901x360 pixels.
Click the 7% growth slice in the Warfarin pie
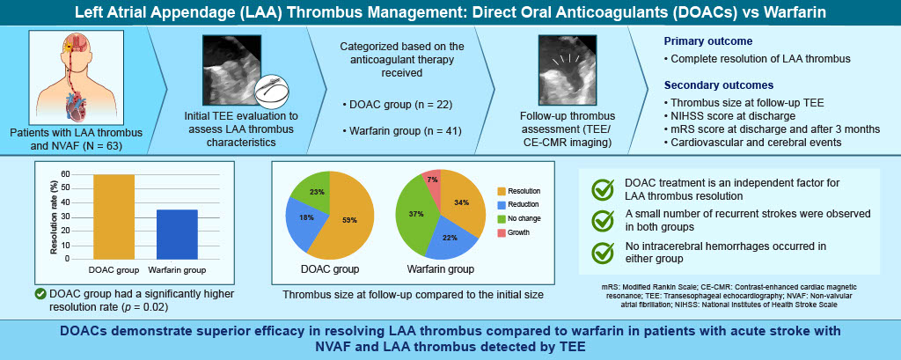coord(432,180)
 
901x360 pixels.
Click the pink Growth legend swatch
coord(501,233)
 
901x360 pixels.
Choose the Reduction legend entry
coord(517,204)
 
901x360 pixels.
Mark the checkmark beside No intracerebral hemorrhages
coord(603,253)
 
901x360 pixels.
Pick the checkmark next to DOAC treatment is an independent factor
coord(603,190)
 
